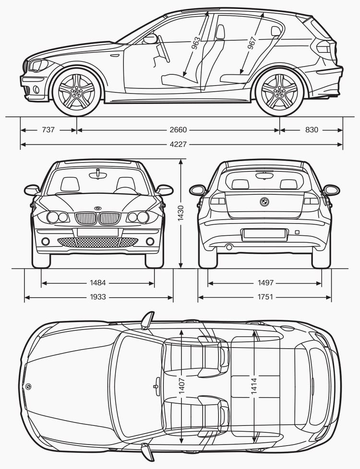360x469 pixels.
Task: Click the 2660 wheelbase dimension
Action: click(178, 130)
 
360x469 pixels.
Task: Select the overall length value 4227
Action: click(178, 144)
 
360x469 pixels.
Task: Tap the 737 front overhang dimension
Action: click(48, 130)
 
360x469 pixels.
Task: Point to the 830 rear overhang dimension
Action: click(312, 130)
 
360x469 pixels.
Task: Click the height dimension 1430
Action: click(180, 213)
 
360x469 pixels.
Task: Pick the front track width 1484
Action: click(98, 282)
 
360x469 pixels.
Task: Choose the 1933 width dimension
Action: click(98, 297)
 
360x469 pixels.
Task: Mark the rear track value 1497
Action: click(265, 282)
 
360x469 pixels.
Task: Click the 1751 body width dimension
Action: click(265, 297)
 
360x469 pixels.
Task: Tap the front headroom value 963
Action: click(196, 43)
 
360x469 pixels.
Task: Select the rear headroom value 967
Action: click(252, 43)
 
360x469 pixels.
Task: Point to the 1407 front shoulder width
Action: click(181, 386)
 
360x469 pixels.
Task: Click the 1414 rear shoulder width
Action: click(253, 386)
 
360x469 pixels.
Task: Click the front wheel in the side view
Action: click(76, 92)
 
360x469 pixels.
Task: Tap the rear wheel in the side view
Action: click(280, 92)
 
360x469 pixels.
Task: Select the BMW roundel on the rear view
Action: click(264, 202)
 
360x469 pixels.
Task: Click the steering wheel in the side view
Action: click(164, 49)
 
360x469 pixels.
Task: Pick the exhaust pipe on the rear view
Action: click(229, 247)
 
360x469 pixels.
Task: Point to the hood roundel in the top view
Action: click(28, 387)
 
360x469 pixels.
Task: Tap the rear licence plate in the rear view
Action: click(264, 234)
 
